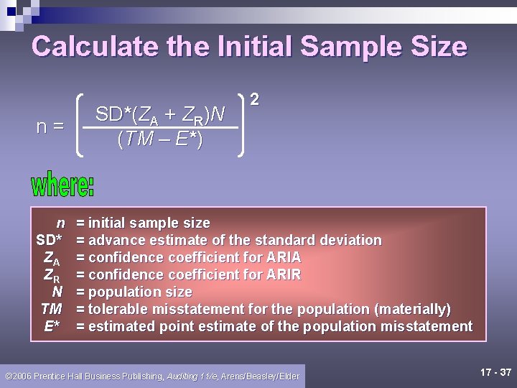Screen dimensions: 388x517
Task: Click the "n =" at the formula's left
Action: pos(50,126)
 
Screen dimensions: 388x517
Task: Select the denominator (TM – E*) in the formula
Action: pos(159,139)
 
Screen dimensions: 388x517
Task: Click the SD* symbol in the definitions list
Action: pos(50,240)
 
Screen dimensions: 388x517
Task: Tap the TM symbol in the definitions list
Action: pos(51,309)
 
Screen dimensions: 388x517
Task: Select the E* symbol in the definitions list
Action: pos(52,326)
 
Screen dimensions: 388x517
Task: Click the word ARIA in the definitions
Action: pos(283,257)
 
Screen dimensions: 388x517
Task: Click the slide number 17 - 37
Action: pos(495,372)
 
